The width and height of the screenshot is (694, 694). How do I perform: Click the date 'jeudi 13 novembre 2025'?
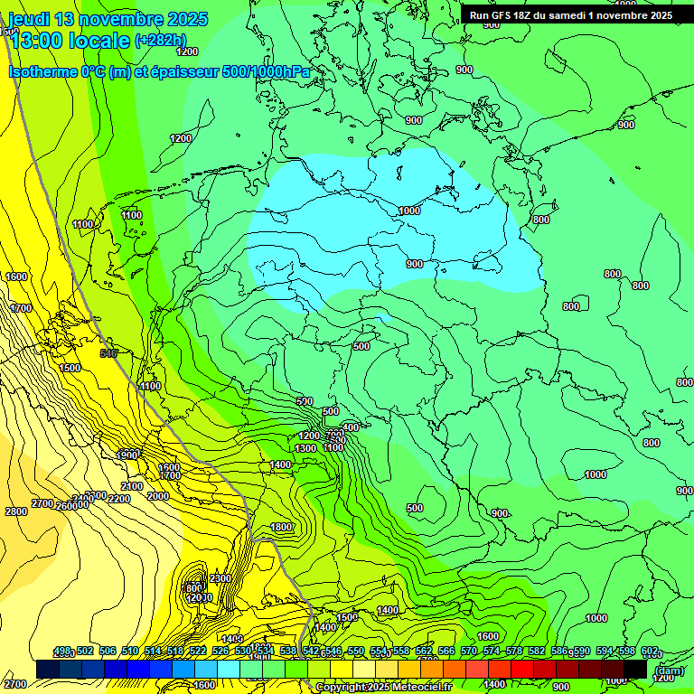click(107, 19)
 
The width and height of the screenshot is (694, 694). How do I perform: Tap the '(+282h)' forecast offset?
click(160, 41)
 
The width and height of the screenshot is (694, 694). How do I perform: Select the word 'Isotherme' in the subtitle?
click(42, 71)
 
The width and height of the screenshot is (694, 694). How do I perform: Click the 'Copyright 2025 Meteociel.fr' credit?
click(383, 688)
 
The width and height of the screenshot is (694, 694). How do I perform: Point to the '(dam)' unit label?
click(669, 670)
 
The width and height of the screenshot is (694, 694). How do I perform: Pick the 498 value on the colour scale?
click(61, 652)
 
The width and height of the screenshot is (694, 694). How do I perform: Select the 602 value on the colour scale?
click(650, 652)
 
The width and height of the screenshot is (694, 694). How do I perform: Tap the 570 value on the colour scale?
click(469, 652)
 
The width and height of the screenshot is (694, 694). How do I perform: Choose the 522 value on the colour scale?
click(197, 652)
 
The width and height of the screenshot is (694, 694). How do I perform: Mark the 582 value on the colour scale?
click(537, 652)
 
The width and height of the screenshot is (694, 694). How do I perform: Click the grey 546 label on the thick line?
click(109, 353)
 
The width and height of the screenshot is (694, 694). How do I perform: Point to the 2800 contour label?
click(16, 511)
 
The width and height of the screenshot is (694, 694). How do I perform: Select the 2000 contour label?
click(157, 496)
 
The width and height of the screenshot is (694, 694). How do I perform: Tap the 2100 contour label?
click(132, 486)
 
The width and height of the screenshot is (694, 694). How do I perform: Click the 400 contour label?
click(351, 427)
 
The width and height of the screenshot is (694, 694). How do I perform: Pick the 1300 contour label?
click(305, 448)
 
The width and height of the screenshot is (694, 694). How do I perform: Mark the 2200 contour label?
click(118, 499)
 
